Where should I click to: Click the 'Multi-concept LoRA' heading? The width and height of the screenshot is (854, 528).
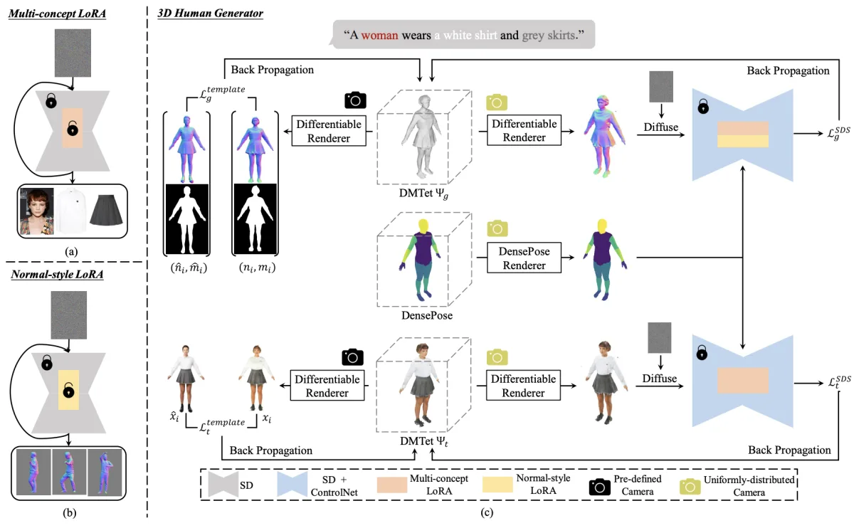point(57,14)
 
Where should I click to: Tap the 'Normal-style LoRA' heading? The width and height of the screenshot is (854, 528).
point(57,275)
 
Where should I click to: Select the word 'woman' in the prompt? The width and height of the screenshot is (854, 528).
point(379,36)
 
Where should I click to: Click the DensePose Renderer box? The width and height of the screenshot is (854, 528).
point(524,258)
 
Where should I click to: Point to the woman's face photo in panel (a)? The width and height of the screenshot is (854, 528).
point(36,211)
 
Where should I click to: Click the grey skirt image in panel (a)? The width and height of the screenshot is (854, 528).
point(106,210)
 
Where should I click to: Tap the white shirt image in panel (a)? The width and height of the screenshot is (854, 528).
point(72,211)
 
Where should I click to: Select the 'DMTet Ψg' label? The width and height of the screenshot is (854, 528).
point(423,194)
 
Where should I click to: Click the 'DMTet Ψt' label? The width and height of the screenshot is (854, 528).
point(423,441)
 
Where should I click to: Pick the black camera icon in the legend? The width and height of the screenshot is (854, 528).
point(599,487)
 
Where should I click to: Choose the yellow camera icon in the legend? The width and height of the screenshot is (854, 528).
point(690,487)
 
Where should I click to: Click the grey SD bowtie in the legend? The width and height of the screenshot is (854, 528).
point(223,484)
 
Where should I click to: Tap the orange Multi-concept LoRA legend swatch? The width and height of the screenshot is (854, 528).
point(392,485)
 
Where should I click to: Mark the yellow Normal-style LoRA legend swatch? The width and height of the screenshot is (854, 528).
point(497,485)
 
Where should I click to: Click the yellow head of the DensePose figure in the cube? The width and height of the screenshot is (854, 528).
point(423,226)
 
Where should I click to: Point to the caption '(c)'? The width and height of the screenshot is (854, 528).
point(487,513)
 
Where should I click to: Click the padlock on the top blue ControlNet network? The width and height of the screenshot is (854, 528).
point(703,106)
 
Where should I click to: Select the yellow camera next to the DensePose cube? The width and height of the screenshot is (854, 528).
point(497,228)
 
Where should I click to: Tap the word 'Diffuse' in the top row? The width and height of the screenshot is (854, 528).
point(660,127)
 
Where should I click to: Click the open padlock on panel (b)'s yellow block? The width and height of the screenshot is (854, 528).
point(68,390)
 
